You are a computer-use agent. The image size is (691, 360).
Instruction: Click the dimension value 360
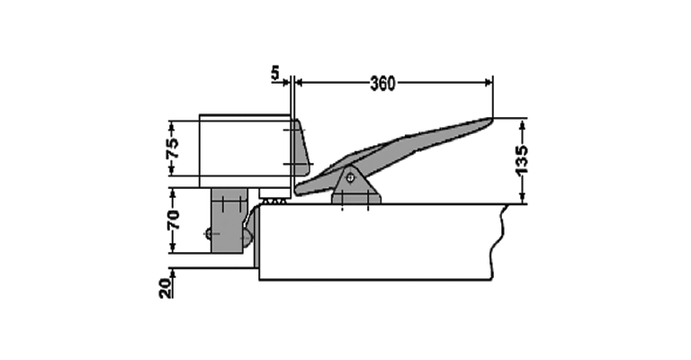tap(382, 84)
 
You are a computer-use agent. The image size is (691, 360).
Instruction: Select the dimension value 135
tap(521, 159)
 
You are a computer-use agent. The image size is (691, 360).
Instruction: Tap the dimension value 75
tap(173, 148)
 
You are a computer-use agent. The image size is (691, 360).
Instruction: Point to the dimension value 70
tap(173, 220)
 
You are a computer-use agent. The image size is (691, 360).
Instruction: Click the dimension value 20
tap(166, 289)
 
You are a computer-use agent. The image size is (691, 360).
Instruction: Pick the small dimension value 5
tap(275, 73)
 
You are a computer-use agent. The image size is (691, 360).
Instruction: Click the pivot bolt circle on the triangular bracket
tap(350, 178)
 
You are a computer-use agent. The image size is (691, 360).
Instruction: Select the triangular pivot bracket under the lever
tap(356, 186)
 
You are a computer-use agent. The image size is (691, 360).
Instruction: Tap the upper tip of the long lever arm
tap(491, 118)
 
